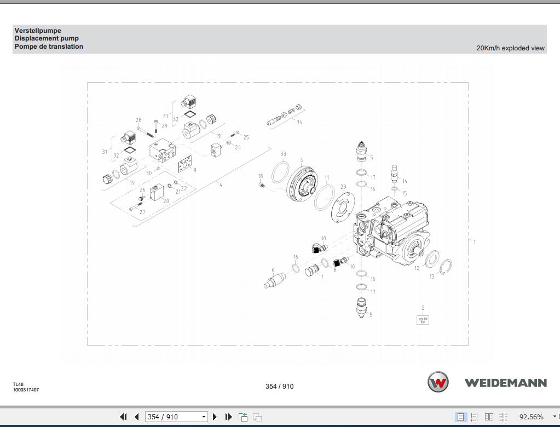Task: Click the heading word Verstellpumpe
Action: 38,31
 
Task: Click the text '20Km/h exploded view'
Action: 510,48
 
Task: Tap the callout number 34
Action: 299,122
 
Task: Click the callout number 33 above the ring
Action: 283,154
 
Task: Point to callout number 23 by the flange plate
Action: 343,187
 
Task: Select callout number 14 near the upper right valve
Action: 405,181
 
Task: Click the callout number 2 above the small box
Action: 423,308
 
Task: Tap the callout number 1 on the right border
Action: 474,242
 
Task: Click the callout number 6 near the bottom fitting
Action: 273,270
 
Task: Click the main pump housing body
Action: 389,230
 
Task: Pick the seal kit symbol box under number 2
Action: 423,320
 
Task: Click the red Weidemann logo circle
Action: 437,382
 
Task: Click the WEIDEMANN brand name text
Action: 505,383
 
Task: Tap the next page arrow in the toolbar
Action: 215,417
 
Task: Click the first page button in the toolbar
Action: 123,417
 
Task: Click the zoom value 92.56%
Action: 531,417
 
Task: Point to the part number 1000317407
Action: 26,390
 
